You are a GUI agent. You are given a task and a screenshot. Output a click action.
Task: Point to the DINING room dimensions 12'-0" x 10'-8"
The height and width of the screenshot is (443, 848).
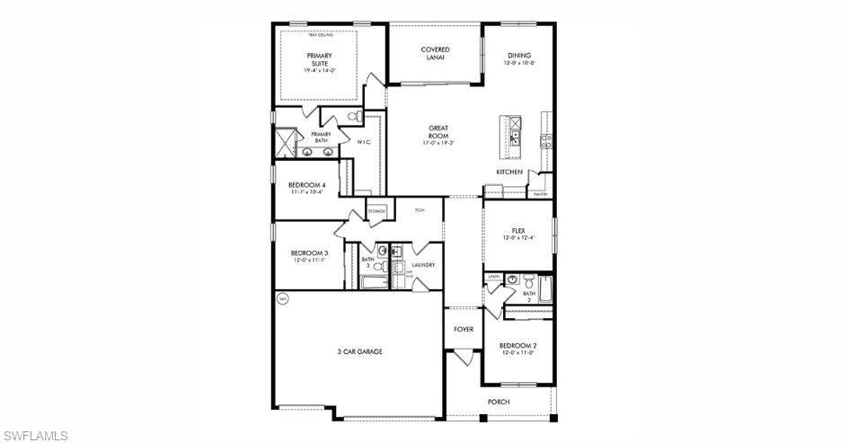coord(519,64)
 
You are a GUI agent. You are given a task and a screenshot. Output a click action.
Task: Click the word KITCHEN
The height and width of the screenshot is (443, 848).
coord(509,172)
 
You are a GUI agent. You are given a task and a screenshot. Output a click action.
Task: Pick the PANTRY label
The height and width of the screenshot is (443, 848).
coord(540,194)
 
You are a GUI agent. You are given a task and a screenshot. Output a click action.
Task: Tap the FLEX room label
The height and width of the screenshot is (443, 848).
coord(517,231)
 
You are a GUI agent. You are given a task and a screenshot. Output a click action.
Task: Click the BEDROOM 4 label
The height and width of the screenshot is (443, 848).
coord(306,185)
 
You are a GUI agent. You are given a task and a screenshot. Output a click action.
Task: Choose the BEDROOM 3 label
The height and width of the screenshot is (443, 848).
coord(309,253)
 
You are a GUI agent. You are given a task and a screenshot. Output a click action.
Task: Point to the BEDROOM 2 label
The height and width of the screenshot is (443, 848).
coord(517,346)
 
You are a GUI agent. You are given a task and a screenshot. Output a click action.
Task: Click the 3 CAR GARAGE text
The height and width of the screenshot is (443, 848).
coord(359,351)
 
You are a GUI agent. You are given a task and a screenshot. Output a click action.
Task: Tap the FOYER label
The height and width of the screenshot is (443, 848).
coord(464,330)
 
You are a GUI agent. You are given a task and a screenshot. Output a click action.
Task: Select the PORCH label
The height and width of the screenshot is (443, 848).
coord(499,402)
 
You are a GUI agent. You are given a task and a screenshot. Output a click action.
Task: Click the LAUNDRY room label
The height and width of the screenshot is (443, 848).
coord(423,265)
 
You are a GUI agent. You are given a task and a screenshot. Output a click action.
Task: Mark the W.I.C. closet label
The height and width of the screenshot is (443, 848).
coord(364,142)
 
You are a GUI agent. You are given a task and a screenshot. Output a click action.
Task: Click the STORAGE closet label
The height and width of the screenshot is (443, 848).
coord(376,211)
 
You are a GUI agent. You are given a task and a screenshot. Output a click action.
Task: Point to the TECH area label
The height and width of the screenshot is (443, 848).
coord(419,210)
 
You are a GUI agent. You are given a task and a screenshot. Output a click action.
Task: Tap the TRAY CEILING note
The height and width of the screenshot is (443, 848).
coord(320,35)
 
